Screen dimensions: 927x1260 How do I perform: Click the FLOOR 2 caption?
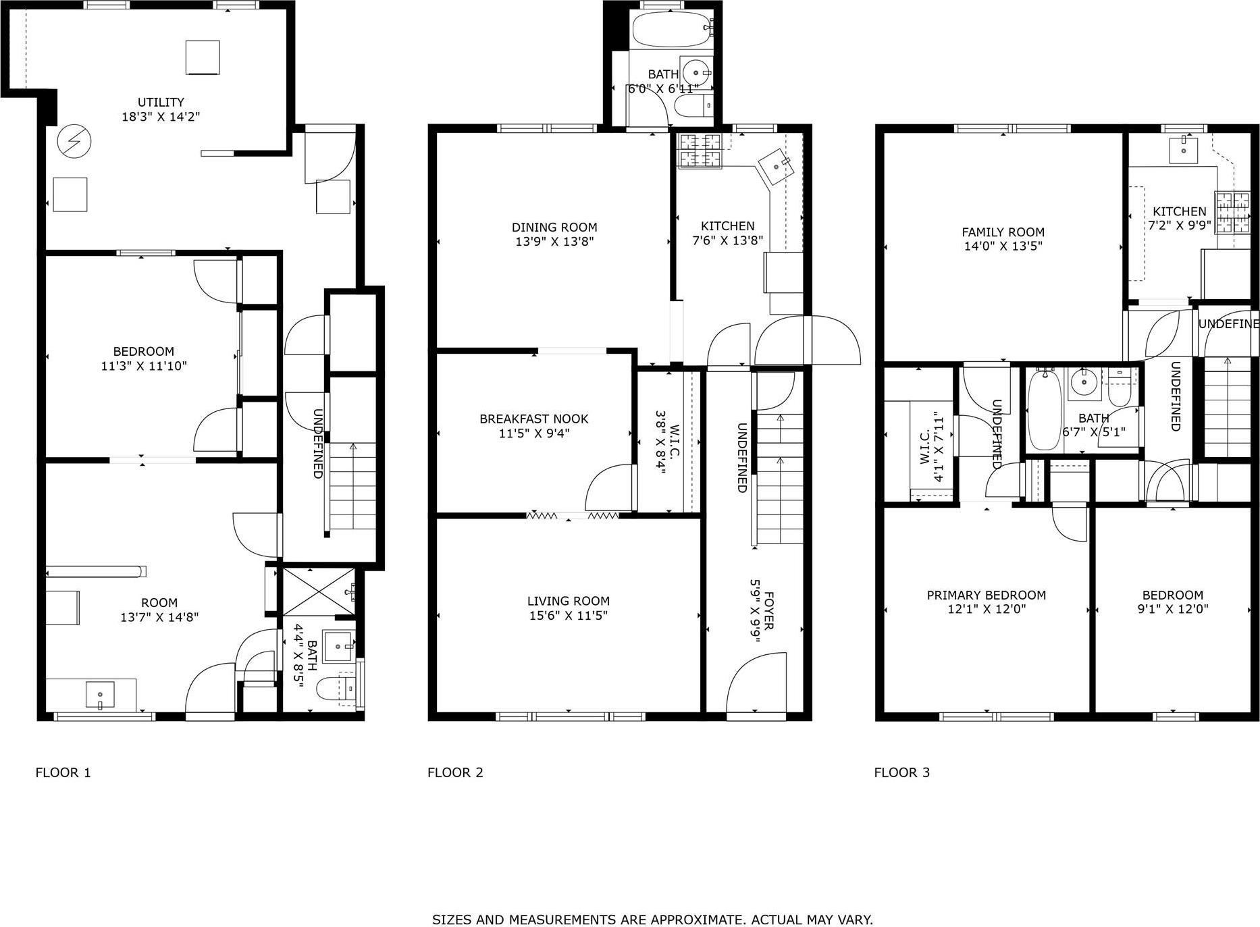455,772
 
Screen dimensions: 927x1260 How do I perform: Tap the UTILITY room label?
161,102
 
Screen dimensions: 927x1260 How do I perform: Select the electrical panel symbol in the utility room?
74,140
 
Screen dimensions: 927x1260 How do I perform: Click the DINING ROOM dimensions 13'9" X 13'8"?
554,242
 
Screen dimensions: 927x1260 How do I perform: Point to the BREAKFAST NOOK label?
533,419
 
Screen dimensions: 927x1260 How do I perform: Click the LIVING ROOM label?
568,601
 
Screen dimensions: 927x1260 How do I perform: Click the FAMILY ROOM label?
1003,232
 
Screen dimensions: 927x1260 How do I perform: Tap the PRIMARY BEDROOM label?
986,595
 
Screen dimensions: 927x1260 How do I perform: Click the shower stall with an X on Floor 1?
317,591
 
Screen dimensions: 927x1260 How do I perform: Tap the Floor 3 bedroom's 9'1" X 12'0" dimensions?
1172,609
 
